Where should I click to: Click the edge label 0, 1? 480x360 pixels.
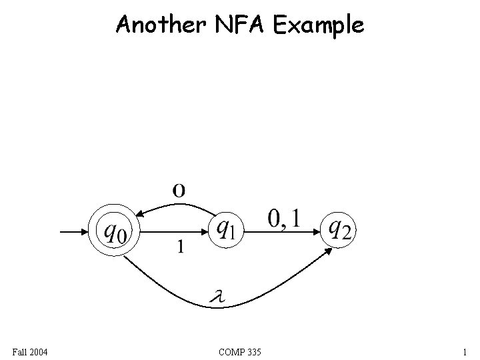[x=284, y=217]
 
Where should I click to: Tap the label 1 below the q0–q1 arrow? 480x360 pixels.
[x=180, y=247]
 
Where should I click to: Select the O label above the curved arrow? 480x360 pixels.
[x=179, y=190]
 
